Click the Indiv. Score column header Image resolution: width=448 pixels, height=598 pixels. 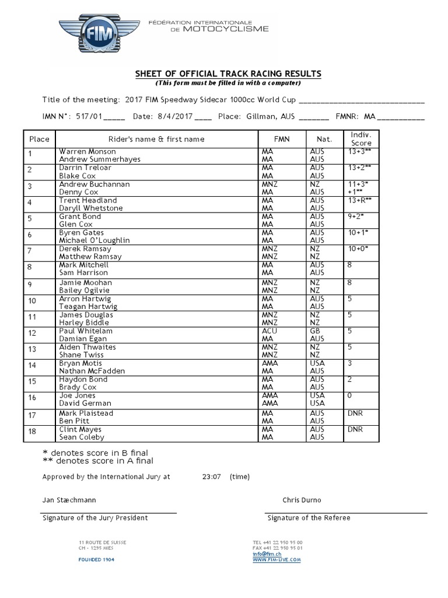pyautogui.click(x=361, y=138)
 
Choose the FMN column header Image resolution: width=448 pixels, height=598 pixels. pyautogui.click(x=281, y=139)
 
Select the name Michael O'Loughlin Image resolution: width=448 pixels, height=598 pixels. pyautogui.click(x=94, y=240)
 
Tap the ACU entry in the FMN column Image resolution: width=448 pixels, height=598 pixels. pyautogui.click(x=269, y=331)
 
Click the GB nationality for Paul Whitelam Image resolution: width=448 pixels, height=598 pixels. pyautogui.click(x=316, y=331)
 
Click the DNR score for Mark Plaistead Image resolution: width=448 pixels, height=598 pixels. pyautogui.click(x=355, y=413)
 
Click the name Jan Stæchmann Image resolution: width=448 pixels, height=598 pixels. pyautogui.click(x=69, y=500)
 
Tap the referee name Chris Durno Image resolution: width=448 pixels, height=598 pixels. pyautogui.click(x=302, y=500)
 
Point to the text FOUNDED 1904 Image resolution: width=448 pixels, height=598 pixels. pyautogui.click(x=97, y=559)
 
